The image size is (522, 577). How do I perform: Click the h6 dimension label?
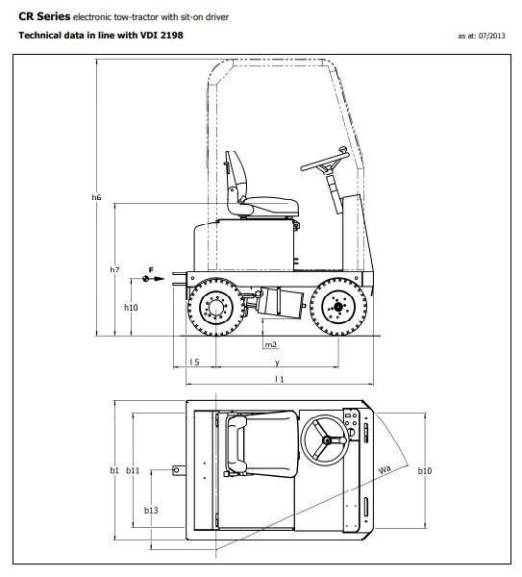(x=96, y=197)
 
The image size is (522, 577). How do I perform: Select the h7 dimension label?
(x=113, y=270)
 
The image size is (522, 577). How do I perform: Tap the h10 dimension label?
(x=132, y=307)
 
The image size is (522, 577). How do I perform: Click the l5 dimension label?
(x=194, y=363)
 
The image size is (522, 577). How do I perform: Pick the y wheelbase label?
(x=277, y=363)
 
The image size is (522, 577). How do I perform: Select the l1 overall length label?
(x=279, y=380)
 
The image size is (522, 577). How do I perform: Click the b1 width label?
(x=113, y=470)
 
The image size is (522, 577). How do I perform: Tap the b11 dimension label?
(x=134, y=470)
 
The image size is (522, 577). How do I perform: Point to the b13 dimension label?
(x=151, y=511)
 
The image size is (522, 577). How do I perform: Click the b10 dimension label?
(x=424, y=470)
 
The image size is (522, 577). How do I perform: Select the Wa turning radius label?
(x=385, y=470)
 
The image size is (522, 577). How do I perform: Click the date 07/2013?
(x=489, y=38)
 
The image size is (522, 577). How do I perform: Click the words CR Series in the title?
(x=44, y=16)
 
